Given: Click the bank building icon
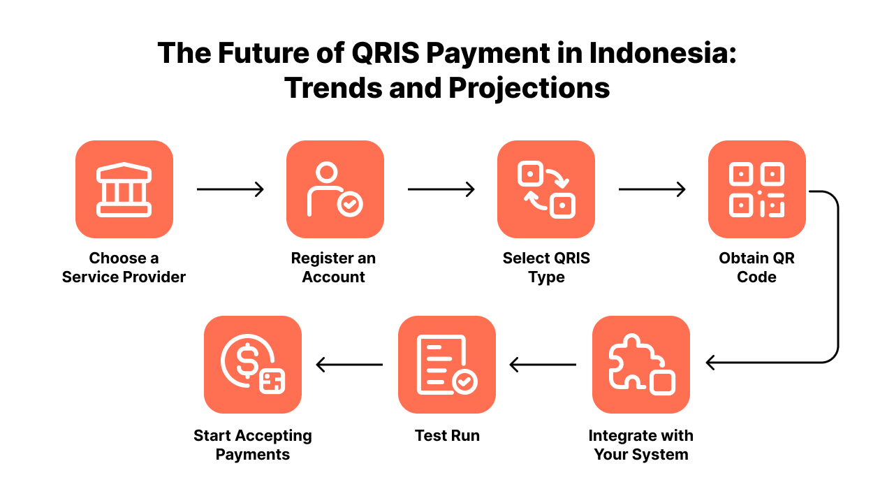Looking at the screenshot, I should (x=124, y=189).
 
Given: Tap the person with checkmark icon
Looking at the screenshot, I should (x=335, y=189).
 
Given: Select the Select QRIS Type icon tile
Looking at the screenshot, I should (x=546, y=189).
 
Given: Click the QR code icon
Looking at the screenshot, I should (x=757, y=189).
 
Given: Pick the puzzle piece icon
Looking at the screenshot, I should (x=641, y=365).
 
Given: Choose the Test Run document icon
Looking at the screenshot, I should (x=447, y=365).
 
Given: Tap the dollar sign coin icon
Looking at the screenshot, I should (x=253, y=365).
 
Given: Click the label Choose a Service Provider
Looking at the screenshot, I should (x=124, y=268).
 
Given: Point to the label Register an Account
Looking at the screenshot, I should (x=334, y=268).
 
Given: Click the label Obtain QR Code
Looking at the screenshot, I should (x=757, y=268).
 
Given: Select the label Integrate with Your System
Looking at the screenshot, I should (x=641, y=445).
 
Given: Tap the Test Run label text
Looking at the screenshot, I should (x=447, y=436).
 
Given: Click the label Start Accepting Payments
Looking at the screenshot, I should (x=253, y=445).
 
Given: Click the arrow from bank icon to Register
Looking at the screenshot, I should (x=230, y=189).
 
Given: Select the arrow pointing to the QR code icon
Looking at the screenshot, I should (x=652, y=189).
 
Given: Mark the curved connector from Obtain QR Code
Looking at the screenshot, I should (x=837, y=279).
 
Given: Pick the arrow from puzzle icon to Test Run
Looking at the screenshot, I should (x=543, y=365).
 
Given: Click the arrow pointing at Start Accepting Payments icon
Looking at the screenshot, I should (x=349, y=365).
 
